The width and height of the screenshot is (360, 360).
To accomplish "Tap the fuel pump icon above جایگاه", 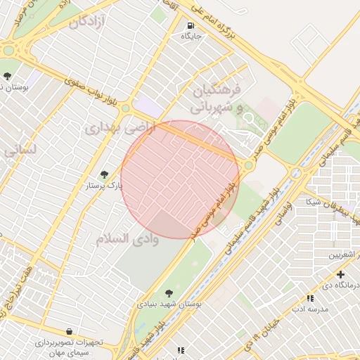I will pos(191,25).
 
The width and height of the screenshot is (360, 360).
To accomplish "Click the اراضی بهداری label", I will pos(114,129).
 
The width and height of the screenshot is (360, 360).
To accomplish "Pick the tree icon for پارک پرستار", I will pos(105,174).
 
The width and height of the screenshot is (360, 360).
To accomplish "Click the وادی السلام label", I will pos(128,238).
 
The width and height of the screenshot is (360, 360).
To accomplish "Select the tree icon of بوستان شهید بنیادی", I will pos(169,293).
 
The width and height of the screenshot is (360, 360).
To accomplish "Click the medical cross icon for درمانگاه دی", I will pos(341,275).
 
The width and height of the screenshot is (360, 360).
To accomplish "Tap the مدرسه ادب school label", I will pos(309,308).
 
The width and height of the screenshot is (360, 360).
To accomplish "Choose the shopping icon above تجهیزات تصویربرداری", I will pos(69,331).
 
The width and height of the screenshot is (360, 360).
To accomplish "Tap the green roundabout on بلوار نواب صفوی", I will pos(125,108).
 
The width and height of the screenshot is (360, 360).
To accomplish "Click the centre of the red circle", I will pos(180,180).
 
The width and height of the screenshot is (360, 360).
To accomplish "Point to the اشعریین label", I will pos(344,254).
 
